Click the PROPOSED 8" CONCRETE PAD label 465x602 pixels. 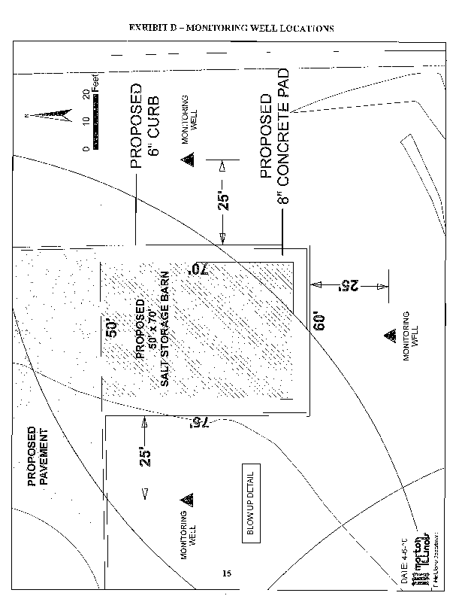coord(274,147)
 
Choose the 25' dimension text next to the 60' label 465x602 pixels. coord(348,285)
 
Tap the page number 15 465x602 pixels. coord(226,574)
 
